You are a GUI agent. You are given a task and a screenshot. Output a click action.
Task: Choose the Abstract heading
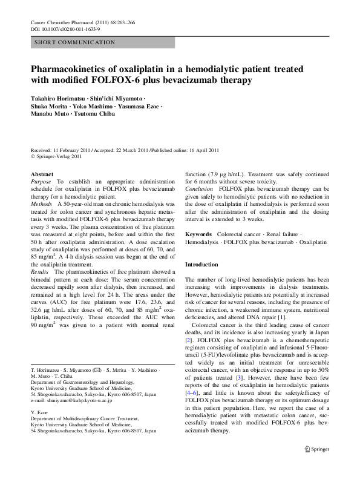[42, 174]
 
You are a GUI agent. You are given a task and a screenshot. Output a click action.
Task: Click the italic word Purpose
[41, 182]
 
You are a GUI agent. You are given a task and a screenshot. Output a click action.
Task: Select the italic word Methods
[42, 205]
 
